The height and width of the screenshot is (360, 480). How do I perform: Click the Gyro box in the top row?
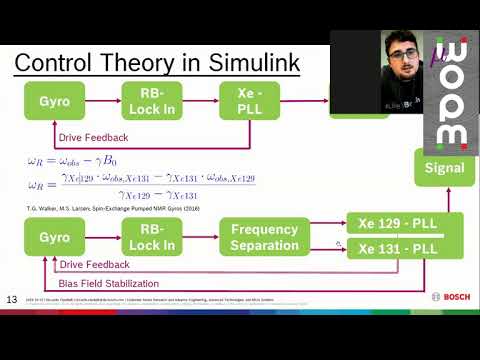coord(54,101)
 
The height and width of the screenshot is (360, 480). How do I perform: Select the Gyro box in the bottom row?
coord(54,237)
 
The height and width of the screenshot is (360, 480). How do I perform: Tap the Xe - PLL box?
coord(249,101)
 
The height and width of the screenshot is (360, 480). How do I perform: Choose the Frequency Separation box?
coord(264,237)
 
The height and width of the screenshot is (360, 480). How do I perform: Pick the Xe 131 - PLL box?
coord(399,248)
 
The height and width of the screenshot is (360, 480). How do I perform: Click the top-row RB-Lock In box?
coord(151,101)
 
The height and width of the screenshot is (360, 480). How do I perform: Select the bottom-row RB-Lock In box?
coord(151,237)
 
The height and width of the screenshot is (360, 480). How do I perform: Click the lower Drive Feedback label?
coord(94,265)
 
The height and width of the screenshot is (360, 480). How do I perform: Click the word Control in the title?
coord(56,63)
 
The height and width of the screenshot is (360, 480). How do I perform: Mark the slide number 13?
coord(12,299)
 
